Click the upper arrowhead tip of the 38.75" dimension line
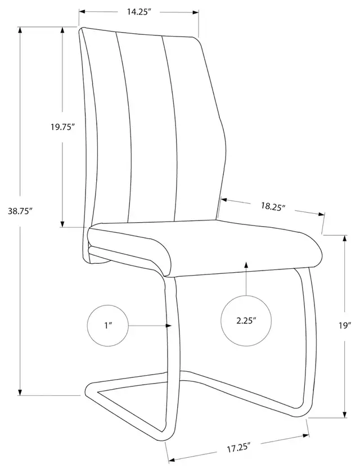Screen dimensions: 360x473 [x=20, y=27]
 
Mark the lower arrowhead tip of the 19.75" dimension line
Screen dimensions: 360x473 [x=62, y=227]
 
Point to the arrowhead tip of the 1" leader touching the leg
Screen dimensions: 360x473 [x=172, y=326]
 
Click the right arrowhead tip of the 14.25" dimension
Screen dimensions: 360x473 [x=199, y=12]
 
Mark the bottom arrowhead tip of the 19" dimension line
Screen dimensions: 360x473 [x=345, y=417]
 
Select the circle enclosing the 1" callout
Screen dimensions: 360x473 [x=108, y=326]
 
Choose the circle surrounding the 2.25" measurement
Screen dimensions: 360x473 [x=246, y=321]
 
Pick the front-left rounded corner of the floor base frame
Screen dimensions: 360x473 [x=90, y=389]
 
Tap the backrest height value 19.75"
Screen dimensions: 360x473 [x=62, y=127]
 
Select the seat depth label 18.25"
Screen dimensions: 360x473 [x=273, y=206]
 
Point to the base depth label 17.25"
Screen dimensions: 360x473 [x=239, y=447]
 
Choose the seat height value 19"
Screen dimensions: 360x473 [x=345, y=326]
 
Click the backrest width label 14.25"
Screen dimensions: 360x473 [x=139, y=12]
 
